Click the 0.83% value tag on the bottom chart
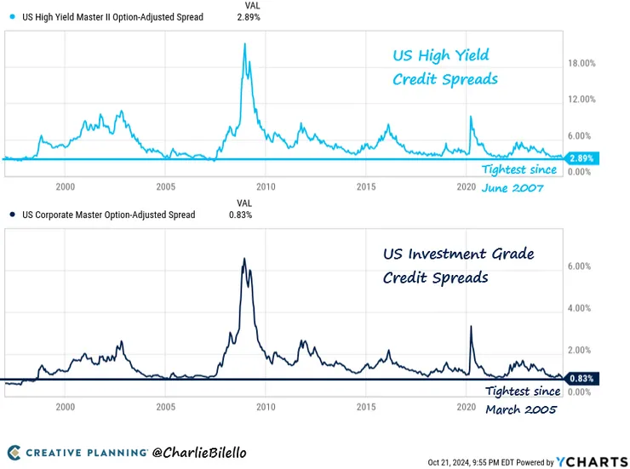click(581, 378)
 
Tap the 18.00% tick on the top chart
click(581, 64)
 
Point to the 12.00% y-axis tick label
click(581, 100)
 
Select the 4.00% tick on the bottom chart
click(579, 308)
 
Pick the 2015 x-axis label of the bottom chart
click(366, 407)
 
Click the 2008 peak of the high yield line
click(245, 44)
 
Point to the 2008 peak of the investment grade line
click(244, 259)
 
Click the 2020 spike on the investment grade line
click(471, 326)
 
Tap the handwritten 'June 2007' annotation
click(513, 188)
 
